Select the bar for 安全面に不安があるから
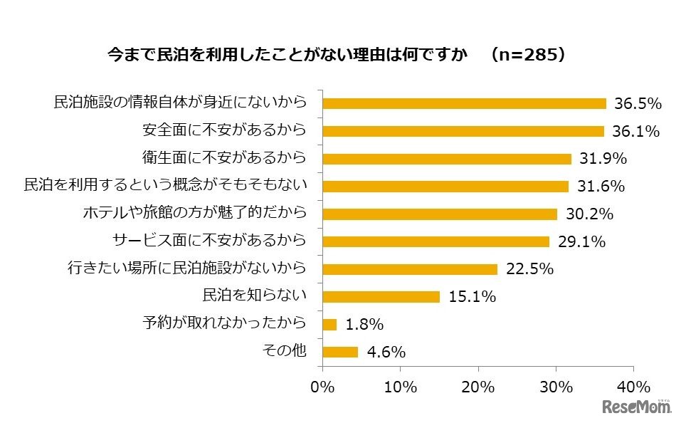(x=463, y=131)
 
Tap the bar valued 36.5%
(x=464, y=103)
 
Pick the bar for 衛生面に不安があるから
(x=447, y=158)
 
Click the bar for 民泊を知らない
(x=381, y=296)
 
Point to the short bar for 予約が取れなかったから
(x=330, y=324)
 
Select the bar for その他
(x=341, y=352)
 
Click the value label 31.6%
(x=601, y=187)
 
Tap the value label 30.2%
(x=589, y=214)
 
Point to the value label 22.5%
(x=529, y=269)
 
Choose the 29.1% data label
(x=581, y=242)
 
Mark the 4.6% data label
(x=386, y=352)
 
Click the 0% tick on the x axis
(x=323, y=387)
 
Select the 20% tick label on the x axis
(x=478, y=387)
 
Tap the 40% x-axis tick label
(x=633, y=387)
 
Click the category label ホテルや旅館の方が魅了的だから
(x=195, y=213)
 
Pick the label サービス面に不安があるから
(x=210, y=241)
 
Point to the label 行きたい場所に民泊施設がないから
(x=187, y=268)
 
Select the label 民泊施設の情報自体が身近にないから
(x=181, y=103)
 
